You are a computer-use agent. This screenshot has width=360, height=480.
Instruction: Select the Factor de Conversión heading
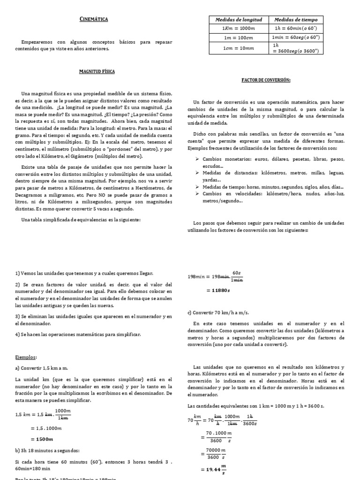tap(266, 80)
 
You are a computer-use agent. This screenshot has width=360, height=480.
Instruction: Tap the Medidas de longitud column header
tap(239, 20)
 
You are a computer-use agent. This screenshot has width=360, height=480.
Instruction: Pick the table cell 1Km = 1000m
tap(239, 28)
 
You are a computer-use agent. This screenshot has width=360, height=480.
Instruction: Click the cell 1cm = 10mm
tap(239, 48)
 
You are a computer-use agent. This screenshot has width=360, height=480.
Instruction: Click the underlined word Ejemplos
tap(26, 357)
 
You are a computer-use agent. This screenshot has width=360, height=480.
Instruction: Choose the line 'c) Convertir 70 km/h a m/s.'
tap(219, 312)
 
